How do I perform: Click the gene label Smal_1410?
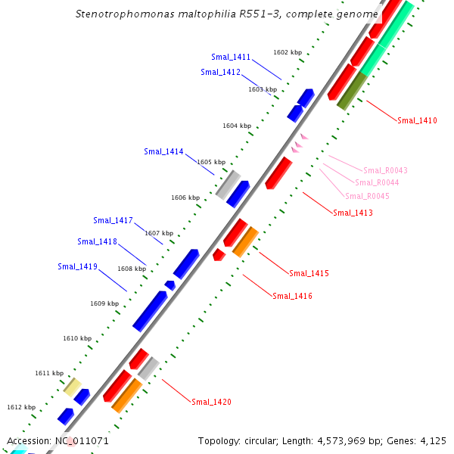click(417, 121)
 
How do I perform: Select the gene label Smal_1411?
click(231, 58)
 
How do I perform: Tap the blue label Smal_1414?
click(163, 152)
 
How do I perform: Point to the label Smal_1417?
click(113, 221)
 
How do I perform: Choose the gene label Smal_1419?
click(77, 266)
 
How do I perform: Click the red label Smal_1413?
click(353, 213)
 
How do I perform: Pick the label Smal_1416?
click(292, 296)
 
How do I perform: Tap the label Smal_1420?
click(211, 402)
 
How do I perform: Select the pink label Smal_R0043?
click(385, 170)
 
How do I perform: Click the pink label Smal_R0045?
click(367, 196)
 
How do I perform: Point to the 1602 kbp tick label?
click(288, 53)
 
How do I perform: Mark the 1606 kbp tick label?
click(185, 197)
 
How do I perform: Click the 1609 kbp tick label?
click(104, 303)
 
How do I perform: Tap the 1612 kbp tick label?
click(21, 407)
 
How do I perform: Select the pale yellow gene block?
click(72, 387)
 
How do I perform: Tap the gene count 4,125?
click(432, 440)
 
